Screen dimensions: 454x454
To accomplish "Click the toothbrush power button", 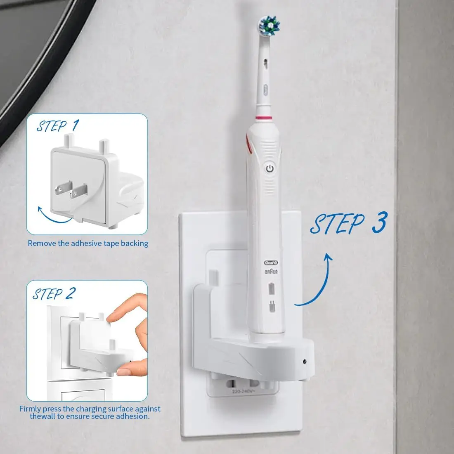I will click(269, 168).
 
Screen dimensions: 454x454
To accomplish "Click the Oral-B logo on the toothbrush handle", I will click(271, 263).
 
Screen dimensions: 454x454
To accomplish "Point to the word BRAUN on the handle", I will click(271, 272).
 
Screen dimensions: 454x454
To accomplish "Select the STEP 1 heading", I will click(57, 125).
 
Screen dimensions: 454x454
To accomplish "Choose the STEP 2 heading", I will click(54, 294).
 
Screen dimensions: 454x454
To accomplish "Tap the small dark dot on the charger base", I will click(304, 361).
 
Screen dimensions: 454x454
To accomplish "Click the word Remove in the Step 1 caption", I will click(42, 244).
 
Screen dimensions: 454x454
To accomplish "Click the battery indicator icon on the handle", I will click(271, 288).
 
